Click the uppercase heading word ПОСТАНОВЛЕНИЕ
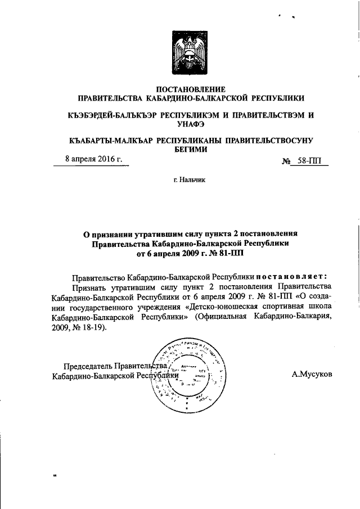pyautogui.click(x=190, y=89)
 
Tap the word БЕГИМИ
pyautogui.click(x=190, y=149)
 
